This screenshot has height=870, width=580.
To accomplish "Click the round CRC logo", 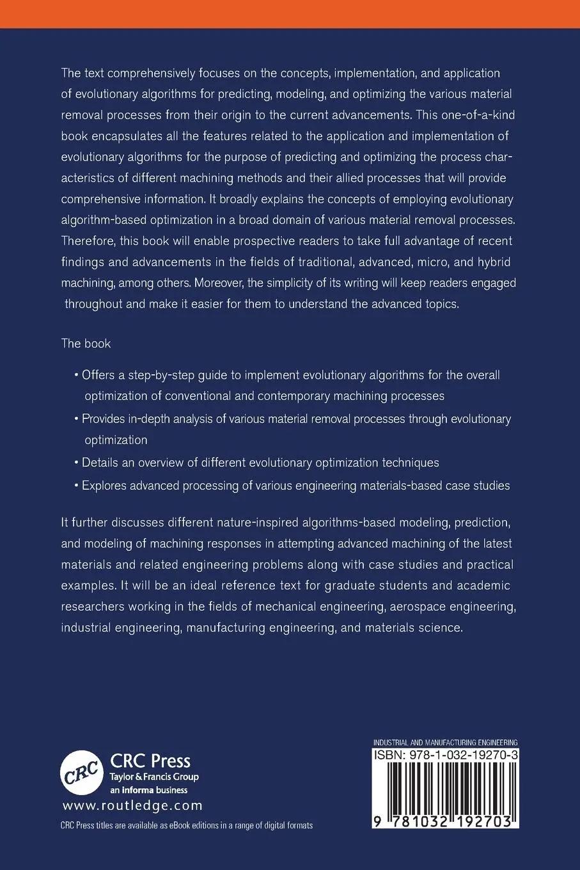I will coord(82,771).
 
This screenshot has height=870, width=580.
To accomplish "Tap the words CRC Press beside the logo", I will coord(151,761).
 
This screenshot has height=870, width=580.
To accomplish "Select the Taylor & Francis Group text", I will coord(155,777).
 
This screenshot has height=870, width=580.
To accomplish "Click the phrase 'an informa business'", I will coord(146,790).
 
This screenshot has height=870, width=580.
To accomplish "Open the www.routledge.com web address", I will coord(132,806).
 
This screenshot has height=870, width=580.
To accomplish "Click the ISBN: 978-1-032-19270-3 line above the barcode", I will coord(445,755).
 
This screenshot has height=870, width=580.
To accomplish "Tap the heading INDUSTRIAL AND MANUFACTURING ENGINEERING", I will coord(445,742).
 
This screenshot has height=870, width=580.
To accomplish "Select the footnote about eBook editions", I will coord(187,825).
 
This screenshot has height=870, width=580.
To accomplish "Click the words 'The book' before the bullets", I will coord(86,344).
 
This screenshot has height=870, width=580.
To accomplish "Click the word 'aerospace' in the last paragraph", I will coord(397,606).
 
